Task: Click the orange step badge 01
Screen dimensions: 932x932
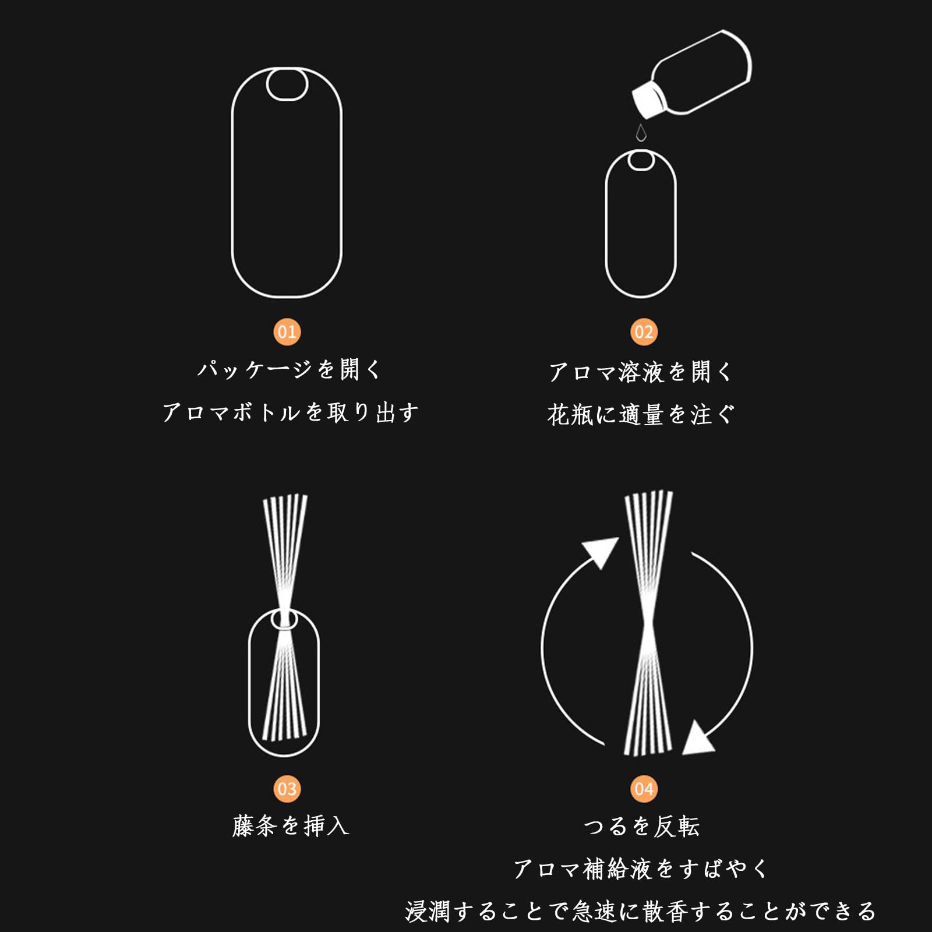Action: (287, 332)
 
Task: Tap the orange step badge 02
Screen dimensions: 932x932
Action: (644, 332)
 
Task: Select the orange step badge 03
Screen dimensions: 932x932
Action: (287, 789)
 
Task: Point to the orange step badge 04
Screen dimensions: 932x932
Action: (644, 789)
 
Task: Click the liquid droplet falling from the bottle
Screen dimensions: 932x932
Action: (641, 133)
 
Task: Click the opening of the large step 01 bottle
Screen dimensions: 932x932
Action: (287, 84)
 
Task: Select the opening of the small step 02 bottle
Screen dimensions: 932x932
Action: (641, 160)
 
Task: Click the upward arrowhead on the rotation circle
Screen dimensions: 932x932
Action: (601, 551)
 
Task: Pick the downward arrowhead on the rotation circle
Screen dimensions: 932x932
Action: (697, 739)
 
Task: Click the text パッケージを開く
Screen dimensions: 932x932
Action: (290, 369)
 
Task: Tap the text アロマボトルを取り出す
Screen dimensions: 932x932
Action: (290, 412)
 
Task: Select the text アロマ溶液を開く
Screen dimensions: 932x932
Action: (641, 372)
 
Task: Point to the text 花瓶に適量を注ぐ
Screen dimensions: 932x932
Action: (641, 415)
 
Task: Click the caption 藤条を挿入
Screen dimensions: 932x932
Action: (290, 826)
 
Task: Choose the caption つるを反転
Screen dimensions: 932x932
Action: (641, 826)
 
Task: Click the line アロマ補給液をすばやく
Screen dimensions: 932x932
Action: (641, 869)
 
